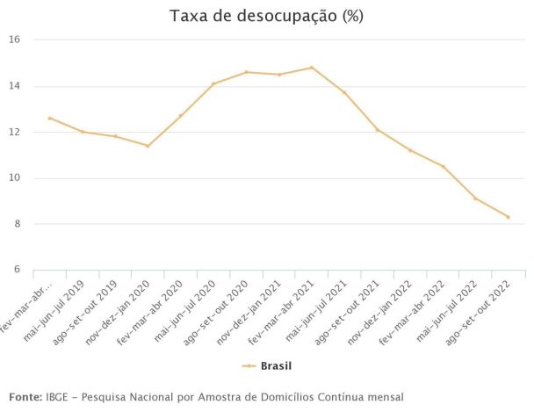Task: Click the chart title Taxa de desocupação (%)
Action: pos(266,16)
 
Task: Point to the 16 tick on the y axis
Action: pos(15,40)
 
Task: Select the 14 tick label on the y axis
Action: pos(15,86)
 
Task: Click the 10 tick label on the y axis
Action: pos(15,178)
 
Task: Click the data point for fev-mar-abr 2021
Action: pos(311,68)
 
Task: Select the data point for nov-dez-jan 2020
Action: pos(148,146)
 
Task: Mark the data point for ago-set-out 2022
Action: pos(508,217)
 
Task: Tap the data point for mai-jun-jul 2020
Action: pos(213,83)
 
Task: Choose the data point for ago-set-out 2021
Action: pos(377,130)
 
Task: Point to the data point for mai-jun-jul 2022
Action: pos(475,199)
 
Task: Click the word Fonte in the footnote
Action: pos(25,398)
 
